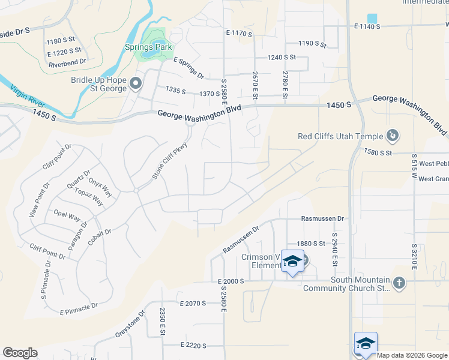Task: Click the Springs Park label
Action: click(x=148, y=47)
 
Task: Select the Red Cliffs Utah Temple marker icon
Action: click(x=393, y=136)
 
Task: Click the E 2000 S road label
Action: click(x=226, y=281)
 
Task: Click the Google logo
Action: click(x=20, y=353)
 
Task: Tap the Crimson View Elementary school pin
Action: click(x=292, y=262)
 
